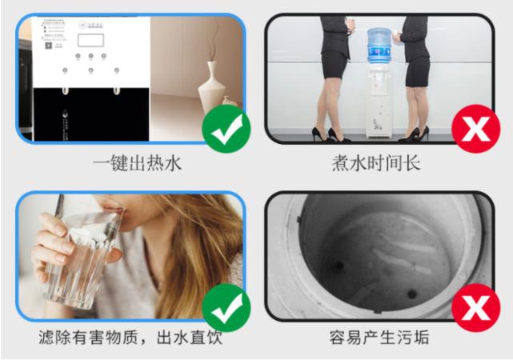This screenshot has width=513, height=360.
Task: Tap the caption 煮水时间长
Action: click(376, 164)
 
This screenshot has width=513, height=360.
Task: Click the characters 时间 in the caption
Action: click(385, 164)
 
